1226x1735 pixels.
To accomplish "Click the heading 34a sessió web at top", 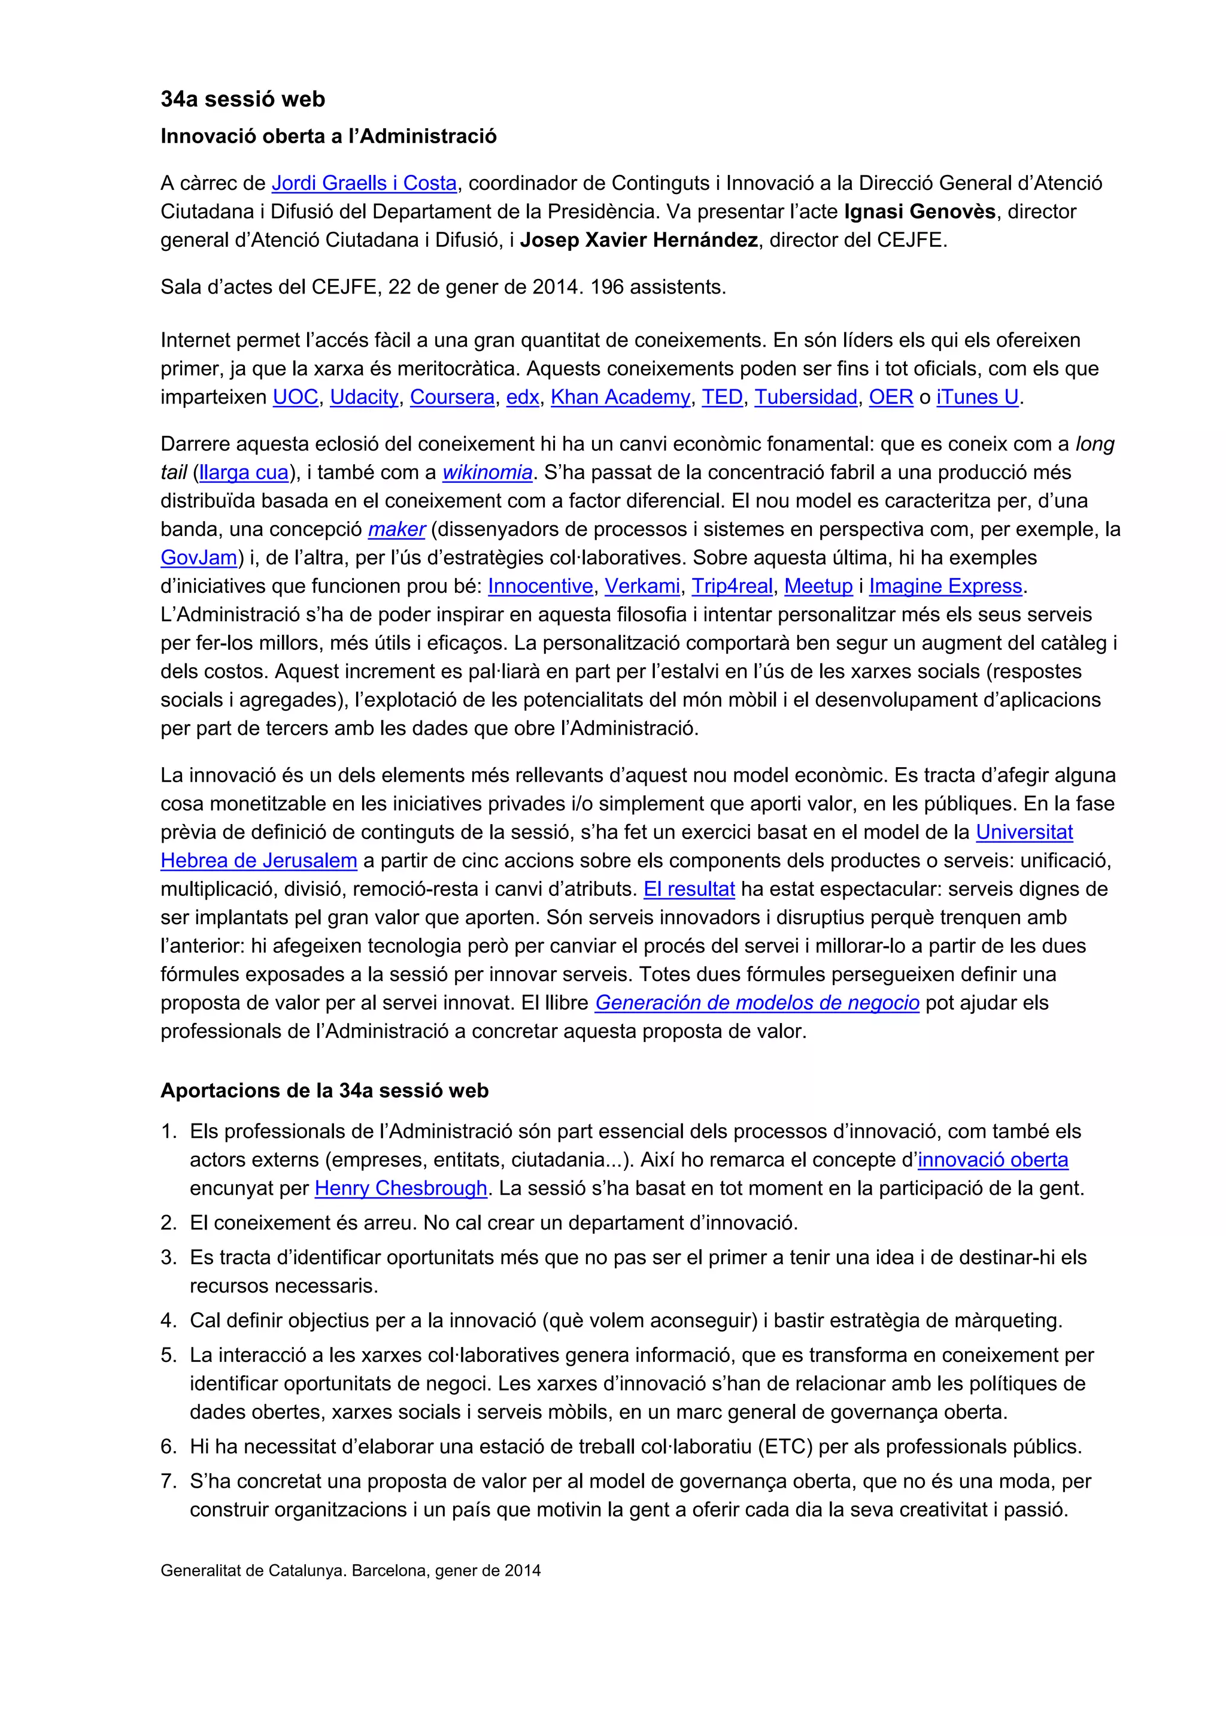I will pos(242,99).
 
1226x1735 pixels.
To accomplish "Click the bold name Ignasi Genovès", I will pos(919,211).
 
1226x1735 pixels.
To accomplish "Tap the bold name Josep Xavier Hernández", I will pos(638,240).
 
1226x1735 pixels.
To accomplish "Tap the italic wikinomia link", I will pos(487,473).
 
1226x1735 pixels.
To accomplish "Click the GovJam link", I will pos(199,558).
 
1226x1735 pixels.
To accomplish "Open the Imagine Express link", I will pos(945,586).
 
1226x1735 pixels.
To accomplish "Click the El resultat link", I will pos(688,889).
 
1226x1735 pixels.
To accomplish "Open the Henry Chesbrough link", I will pos(400,1189).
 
